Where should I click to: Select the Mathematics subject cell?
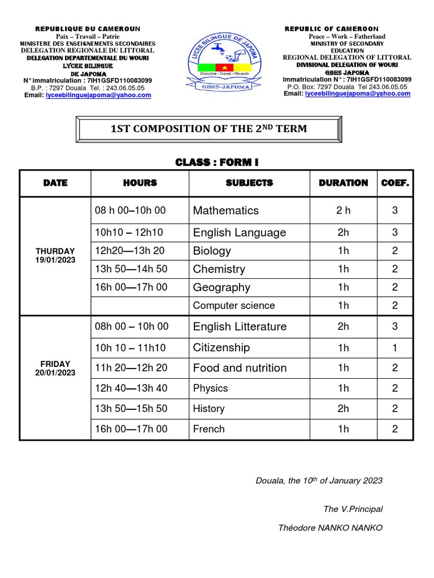(x=226, y=211)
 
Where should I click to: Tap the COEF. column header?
(x=395, y=183)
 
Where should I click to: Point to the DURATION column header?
(x=343, y=183)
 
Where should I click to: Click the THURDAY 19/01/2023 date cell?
(x=55, y=255)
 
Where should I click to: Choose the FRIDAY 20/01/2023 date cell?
(x=55, y=369)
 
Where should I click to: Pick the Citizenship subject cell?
(x=221, y=348)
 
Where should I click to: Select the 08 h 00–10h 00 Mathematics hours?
(x=131, y=211)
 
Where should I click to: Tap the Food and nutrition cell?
(x=240, y=368)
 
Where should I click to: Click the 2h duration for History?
(x=343, y=409)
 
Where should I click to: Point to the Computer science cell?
(x=234, y=305)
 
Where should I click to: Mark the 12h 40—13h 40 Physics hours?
(x=131, y=388)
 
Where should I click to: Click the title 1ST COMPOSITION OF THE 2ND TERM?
(x=209, y=129)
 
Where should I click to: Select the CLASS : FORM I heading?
(x=217, y=163)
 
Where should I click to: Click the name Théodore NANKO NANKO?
(x=330, y=528)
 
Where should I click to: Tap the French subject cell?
(x=209, y=429)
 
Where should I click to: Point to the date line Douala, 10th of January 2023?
(x=319, y=481)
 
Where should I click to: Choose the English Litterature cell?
(x=240, y=327)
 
